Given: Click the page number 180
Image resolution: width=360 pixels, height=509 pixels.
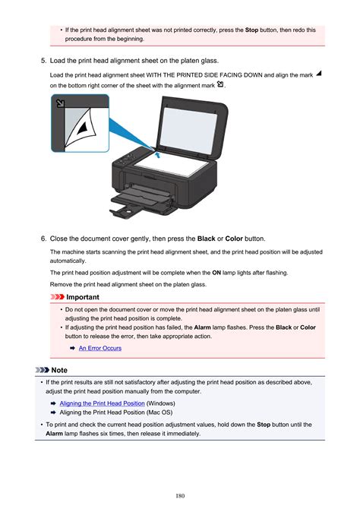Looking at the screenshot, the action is point(180,495).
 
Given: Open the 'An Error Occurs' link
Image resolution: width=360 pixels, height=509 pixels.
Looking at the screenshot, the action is point(100,348).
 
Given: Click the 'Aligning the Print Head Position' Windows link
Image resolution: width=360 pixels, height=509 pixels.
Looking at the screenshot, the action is point(102,403).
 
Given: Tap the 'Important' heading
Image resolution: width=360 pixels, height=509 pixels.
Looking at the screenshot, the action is point(83,297).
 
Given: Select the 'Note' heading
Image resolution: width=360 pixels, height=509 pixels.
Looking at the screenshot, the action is point(59,370).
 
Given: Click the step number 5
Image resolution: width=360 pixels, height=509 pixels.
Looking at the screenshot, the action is point(43,61).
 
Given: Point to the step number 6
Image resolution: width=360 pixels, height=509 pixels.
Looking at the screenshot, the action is point(43,239).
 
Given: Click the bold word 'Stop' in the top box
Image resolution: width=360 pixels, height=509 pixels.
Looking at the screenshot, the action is point(251,30).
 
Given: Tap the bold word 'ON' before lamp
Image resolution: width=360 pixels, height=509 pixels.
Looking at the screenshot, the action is point(216,273).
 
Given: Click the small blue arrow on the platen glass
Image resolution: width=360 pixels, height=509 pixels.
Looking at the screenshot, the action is point(158,155).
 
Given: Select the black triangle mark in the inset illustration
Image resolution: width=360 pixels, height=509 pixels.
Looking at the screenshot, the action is point(83,127).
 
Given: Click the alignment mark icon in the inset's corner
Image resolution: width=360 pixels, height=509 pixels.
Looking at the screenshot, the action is point(60,103).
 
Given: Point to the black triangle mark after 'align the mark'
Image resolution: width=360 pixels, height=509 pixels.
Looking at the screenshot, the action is point(319,74).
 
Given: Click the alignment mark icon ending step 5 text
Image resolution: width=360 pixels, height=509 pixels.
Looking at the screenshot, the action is point(220,84).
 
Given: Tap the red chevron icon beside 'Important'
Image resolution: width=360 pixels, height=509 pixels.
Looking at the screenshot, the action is point(57,297).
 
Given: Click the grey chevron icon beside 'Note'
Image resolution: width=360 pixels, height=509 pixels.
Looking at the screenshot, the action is point(42,370).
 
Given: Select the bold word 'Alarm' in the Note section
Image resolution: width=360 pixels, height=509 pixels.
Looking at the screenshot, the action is point(54,433).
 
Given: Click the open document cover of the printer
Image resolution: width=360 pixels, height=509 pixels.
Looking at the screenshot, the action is point(191,127).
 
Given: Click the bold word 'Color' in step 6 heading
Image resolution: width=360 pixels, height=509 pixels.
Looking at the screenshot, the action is point(234,239).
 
